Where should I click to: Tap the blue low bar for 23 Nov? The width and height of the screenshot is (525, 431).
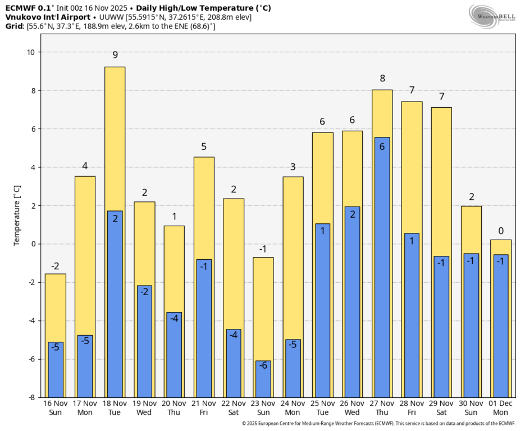pyautogui.click(x=263, y=379)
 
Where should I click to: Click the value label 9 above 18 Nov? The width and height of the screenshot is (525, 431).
pyautogui.click(x=115, y=55)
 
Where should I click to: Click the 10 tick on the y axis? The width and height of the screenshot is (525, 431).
pyautogui.click(x=31, y=52)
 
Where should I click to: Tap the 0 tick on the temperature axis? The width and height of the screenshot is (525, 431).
pyautogui.click(x=34, y=244)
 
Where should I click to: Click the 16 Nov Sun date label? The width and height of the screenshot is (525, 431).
pyautogui.click(x=55, y=408)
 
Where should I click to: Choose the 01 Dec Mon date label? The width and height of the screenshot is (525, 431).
pyautogui.click(x=501, y=408)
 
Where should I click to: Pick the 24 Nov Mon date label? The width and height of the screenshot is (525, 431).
pyautogui.click(x=293, y=408)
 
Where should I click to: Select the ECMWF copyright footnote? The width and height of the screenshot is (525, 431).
pyautogui.click(x=378, y=424)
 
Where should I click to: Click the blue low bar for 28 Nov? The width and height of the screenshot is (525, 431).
pyautogui.click(x=412, y=315)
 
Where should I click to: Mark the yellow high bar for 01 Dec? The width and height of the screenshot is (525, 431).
pyautogui.click(x=501, y=247)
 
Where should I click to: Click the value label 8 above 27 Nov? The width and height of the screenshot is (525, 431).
pyautogui.click(x=382, y=79)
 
